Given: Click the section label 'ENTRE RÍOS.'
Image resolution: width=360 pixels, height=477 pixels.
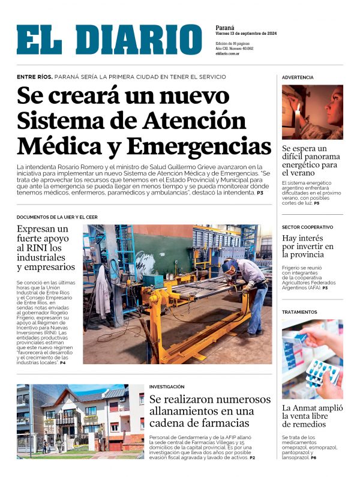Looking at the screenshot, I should pos(34,77).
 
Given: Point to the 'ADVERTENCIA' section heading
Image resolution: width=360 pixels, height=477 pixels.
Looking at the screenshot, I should pos(298,77).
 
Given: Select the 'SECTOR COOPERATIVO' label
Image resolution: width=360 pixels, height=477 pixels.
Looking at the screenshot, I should pos(307,227).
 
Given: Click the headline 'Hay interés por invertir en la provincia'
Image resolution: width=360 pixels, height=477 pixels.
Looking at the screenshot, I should pos(308,246).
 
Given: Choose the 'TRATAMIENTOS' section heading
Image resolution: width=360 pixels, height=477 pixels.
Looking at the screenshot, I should pos(299,312).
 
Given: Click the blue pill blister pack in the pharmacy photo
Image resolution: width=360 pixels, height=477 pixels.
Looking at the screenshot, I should pos(322,371).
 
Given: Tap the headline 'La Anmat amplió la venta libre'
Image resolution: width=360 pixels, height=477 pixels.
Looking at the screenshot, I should pos(312,416).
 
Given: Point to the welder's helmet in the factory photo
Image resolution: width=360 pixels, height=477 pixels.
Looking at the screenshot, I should pos(230,265).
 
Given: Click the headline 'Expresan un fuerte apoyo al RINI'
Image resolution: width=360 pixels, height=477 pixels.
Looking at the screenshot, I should pos(46,248).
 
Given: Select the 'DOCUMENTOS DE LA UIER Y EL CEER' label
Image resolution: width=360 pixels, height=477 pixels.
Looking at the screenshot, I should pos(57,217).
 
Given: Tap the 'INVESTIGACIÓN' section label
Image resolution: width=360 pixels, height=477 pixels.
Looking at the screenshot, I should pos(167,386).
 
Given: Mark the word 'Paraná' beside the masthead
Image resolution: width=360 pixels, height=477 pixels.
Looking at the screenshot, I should pos(225,28).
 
